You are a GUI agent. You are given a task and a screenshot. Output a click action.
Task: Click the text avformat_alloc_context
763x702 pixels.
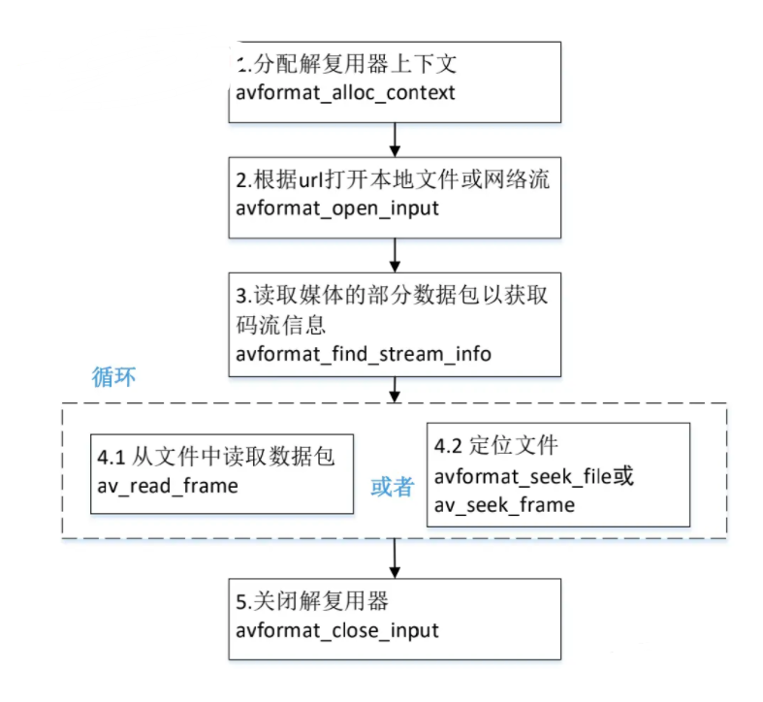(345, 92)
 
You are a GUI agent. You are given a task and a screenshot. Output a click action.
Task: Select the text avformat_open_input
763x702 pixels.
(337, 208)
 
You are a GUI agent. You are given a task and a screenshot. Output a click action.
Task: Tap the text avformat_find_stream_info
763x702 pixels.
(364, 354)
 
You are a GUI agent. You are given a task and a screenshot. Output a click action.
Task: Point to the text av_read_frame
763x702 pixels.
(168, 486)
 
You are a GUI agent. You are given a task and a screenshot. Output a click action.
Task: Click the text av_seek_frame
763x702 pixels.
(504, 505)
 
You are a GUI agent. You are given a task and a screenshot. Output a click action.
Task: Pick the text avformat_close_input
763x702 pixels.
(337, 630)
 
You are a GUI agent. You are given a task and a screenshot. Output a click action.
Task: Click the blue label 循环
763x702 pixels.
(113, 377)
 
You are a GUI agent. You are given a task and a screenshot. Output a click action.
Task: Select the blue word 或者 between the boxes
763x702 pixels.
(393, 487)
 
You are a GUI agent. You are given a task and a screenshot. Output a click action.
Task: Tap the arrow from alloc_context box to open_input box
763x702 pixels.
(395, 140)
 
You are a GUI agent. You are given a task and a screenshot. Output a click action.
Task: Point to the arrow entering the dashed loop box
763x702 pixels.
(395, 390)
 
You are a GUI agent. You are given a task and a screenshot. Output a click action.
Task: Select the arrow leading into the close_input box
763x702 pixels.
(395, 558)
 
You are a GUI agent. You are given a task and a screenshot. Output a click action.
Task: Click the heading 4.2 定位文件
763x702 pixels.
(495, 445)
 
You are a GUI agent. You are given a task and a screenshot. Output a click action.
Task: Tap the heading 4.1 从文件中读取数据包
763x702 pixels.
(216, 457)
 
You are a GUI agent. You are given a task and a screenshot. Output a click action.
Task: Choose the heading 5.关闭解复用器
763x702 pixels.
(312, 601)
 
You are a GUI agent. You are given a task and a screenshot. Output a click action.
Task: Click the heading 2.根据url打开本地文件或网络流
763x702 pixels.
(393, 179)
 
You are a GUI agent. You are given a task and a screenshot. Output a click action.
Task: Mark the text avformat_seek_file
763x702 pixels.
(523, 476)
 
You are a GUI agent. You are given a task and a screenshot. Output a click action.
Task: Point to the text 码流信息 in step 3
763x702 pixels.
(281, 325)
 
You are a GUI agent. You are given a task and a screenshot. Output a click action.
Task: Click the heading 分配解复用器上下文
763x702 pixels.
(355, 64)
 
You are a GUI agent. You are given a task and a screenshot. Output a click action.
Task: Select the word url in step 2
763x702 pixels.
(311, 180)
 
